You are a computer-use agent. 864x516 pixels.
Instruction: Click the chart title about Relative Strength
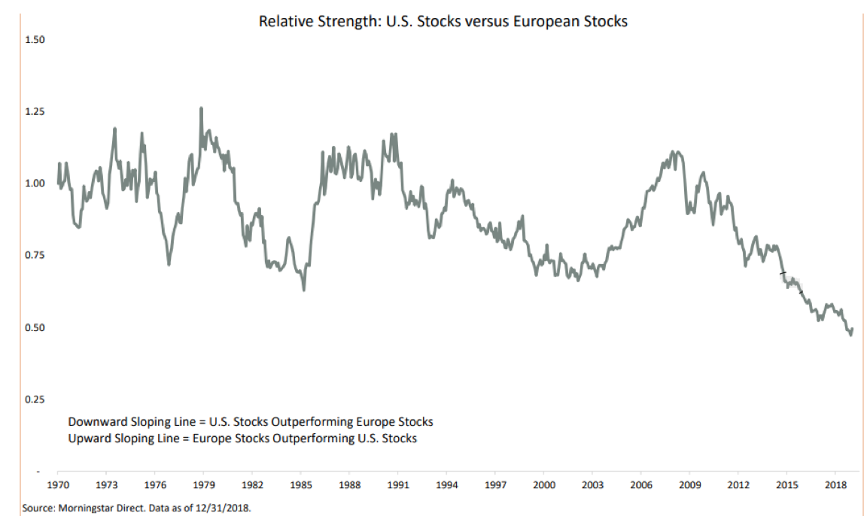[443, 21]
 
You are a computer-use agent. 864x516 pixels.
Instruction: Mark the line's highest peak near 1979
[201, 108]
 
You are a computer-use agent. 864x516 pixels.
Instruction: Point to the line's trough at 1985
[303, 290]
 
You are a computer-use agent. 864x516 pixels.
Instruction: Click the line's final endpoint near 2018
[852, 329]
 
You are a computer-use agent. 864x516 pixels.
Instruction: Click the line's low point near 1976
[169, 264]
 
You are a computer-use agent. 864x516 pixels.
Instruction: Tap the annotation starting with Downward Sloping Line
[250, 421]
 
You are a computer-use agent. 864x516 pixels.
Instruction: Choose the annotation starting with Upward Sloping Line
[242, 438]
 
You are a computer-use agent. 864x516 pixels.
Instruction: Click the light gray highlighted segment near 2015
[791, 281]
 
